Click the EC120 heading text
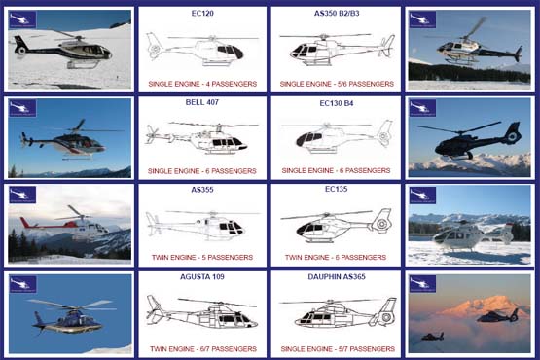pos(202,15)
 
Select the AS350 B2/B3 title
pos(335,15)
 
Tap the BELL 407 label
pos(202,101)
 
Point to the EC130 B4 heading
pos(335,101)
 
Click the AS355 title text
pos(202,189)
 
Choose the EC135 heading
pos(335,189)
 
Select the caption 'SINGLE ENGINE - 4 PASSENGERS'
pos(202,84)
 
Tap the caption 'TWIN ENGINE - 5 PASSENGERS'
pos(202,258)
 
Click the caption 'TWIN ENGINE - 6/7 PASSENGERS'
pos(202,346)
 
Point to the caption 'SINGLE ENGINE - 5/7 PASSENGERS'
pos(335,346)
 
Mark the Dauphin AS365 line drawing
pos(336,312)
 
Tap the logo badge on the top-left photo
pos(24,18)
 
